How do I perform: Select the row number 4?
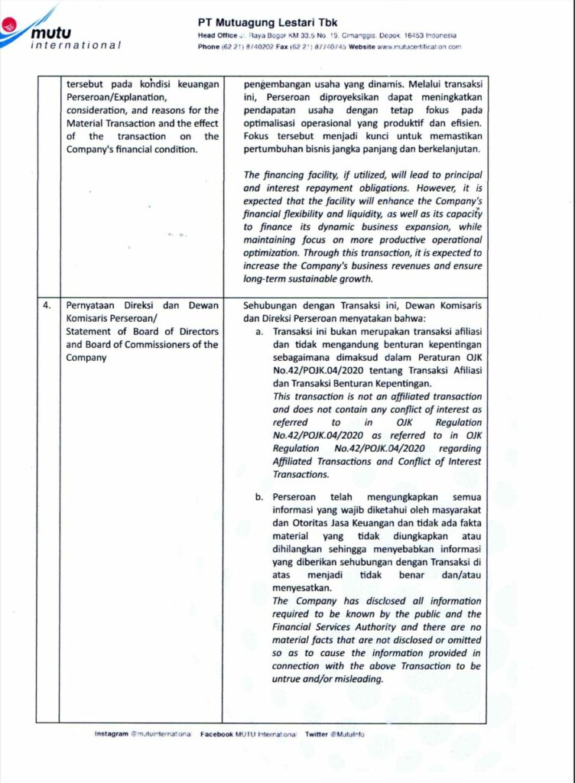click(47, 304)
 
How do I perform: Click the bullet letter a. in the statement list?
click(260, 333)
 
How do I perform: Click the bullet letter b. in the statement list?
click(260, 497)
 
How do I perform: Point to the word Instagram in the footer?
click(112, 734)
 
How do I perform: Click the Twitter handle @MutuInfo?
click(348, 734)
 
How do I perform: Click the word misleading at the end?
click(355, 680)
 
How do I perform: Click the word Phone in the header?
click(209, 47)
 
